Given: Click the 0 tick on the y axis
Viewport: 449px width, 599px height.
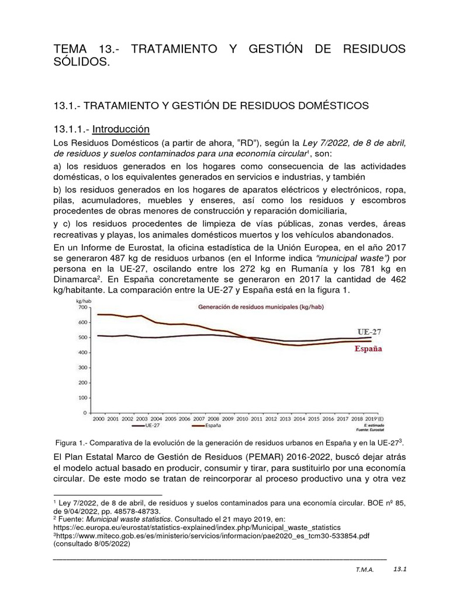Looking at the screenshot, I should pyautogui.click(x=85, y=413).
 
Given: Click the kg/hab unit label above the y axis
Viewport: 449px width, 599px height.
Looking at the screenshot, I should pyautogui.click(x=85, y=300).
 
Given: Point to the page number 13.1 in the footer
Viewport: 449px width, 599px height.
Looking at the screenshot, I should pyautogui.click(x=400, y=568).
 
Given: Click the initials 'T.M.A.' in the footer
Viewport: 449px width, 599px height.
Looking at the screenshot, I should pyautogui.click(x=365, y=569).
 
